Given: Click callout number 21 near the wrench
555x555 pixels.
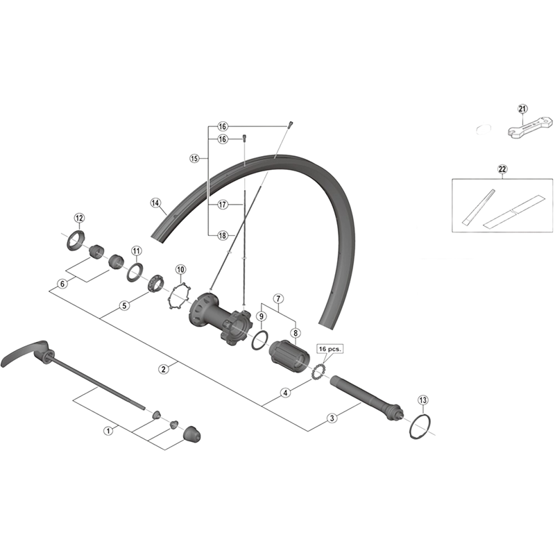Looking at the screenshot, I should (522, 108).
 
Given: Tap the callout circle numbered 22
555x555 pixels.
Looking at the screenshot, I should (502, 169).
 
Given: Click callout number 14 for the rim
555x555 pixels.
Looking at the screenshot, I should (155, 203).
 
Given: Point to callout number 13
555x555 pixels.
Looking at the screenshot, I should (424, 400).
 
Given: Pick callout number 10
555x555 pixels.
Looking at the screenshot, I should (180, 269).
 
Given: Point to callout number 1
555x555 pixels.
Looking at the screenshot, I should (108, 430).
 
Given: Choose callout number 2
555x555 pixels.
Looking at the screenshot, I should (163, 368).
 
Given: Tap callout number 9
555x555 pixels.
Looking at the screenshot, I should (261, 316).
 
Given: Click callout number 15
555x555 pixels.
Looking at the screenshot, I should (194, 159).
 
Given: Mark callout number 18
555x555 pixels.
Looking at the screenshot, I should (222, 235).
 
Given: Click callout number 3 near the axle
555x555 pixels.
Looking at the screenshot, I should (332, 418).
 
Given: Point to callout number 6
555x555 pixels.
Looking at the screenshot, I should (63, 283).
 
